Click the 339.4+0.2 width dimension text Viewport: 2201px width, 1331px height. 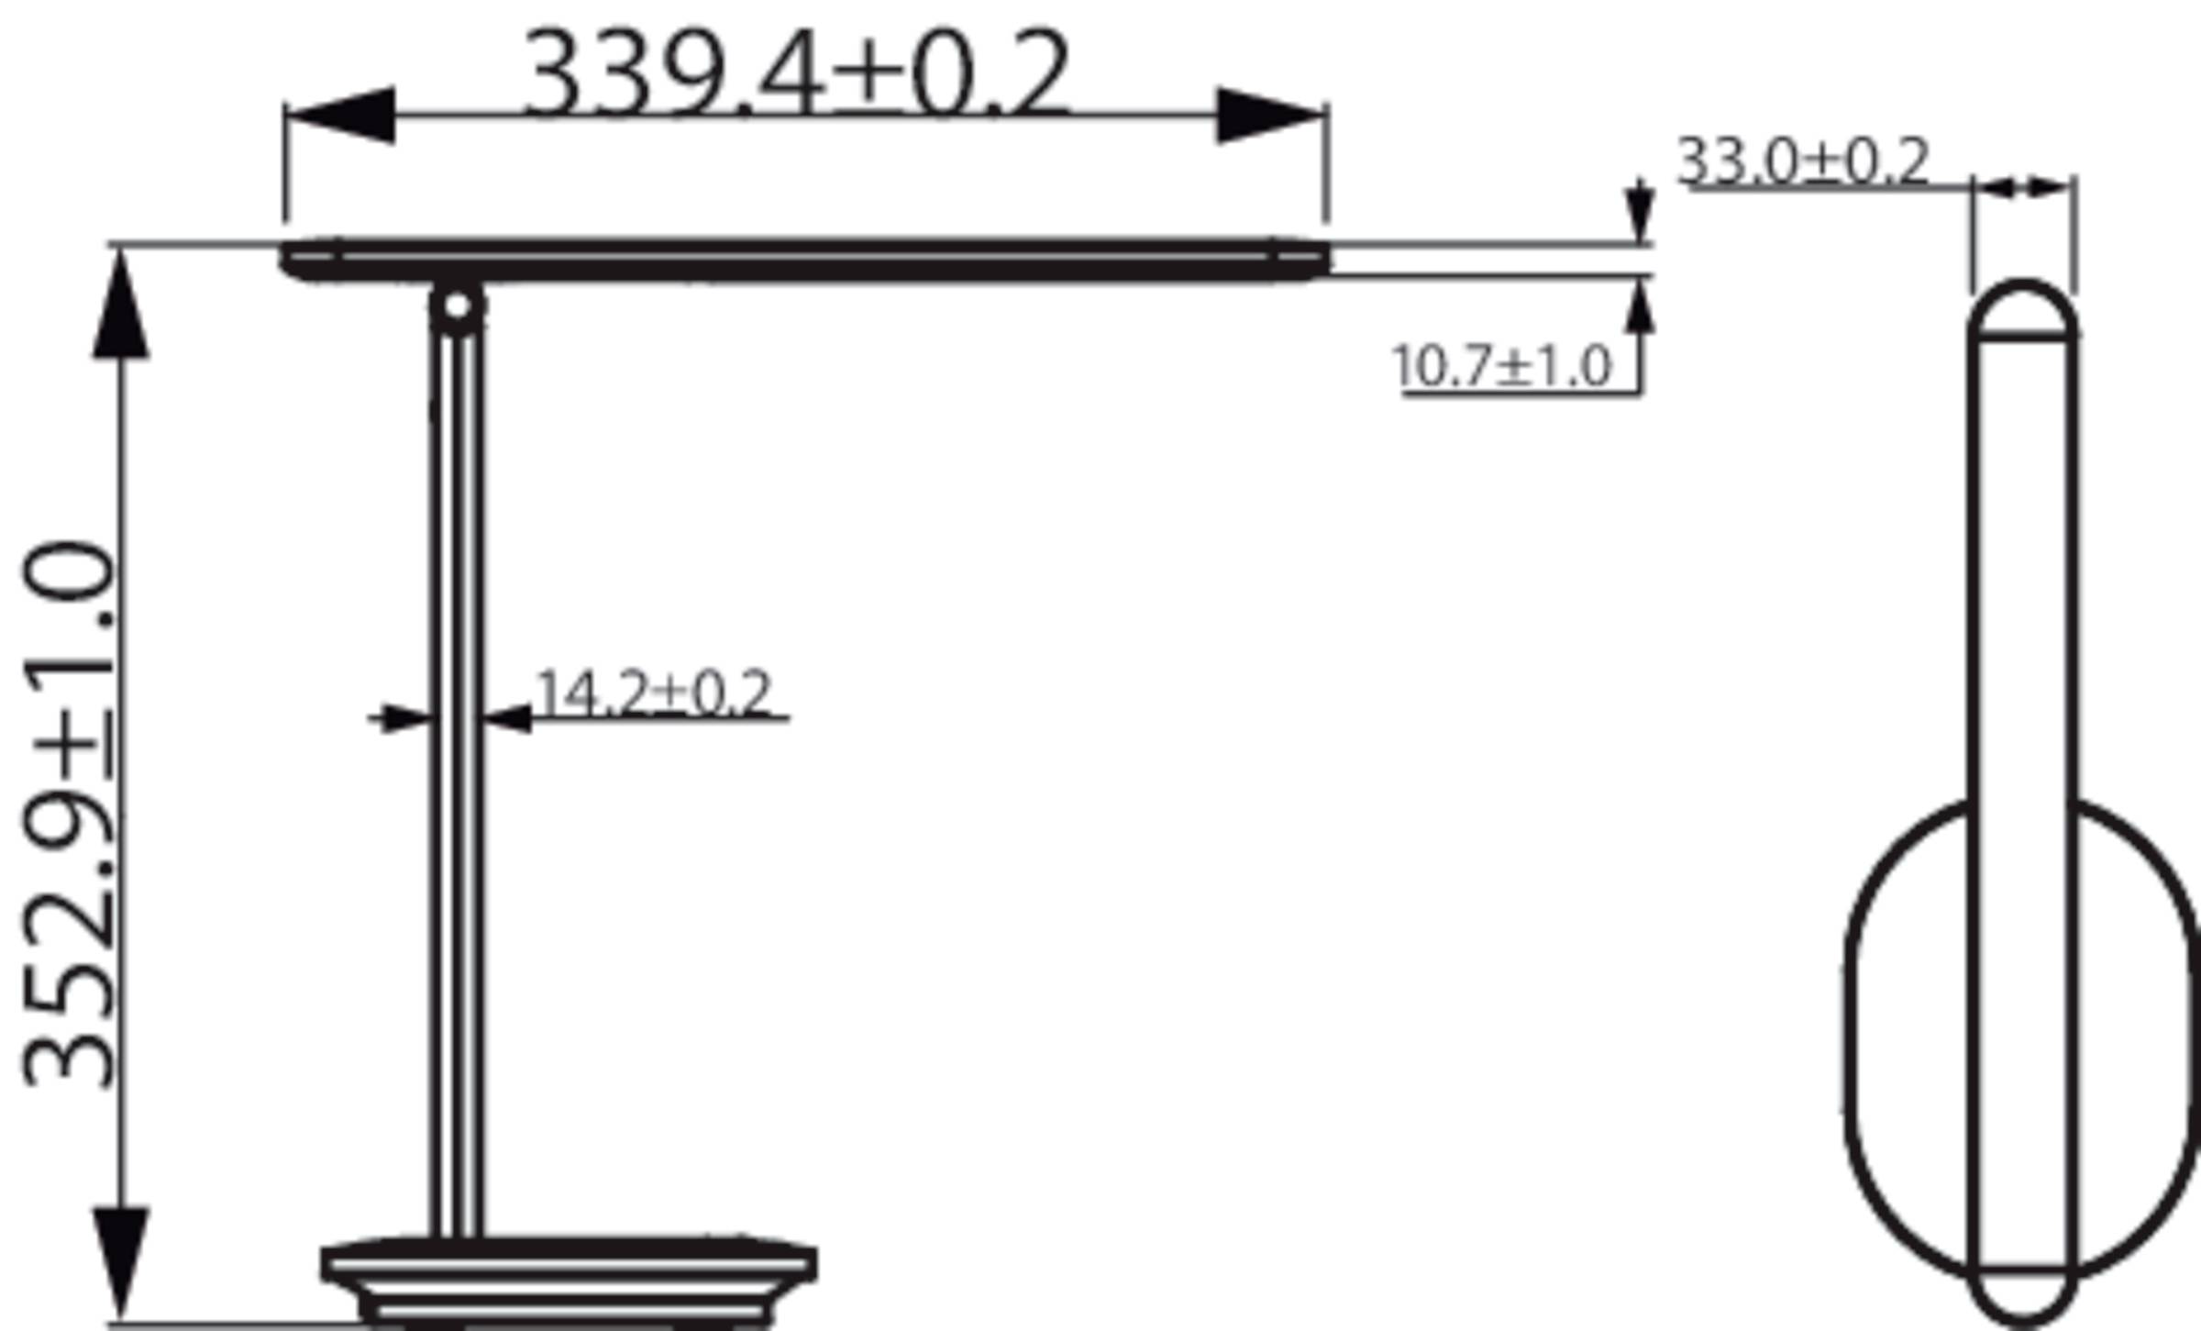[796, 73]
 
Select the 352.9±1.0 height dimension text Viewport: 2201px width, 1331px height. [70, 815]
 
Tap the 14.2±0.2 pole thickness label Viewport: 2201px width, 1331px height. [653, 693]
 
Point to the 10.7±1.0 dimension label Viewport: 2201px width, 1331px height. [1501, 367]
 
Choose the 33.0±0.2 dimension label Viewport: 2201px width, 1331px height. [1803, 161]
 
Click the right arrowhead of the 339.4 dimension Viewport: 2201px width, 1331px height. [1269, 116]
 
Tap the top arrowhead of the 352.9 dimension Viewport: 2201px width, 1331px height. [121, 307]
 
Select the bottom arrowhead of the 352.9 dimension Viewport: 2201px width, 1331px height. [121, 1261]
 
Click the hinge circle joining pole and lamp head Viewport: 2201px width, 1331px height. [457, 306]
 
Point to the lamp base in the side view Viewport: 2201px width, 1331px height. [569, 1280]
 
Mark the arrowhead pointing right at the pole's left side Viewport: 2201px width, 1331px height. [404, 718]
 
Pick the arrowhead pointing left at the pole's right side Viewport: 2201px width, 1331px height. [508, 718]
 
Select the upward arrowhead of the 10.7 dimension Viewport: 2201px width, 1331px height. [1640, 307]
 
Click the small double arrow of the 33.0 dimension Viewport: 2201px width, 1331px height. [2023, 187]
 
